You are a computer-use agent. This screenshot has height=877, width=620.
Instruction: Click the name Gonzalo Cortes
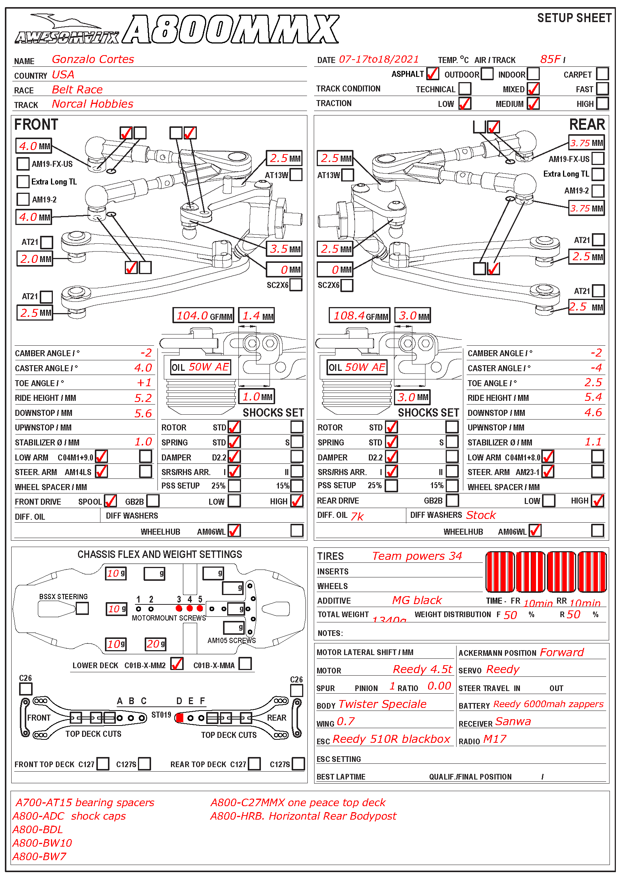pyautogui.click(x=93, y=59)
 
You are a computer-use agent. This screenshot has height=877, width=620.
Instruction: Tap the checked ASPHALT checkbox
pyautogui.click(x=432, y=74)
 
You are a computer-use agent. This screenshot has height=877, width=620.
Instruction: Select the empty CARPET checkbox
pyautogui.click(x=602, y=74)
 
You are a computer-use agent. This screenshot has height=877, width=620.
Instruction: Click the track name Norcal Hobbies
pyautogui.click(x=92, y=104)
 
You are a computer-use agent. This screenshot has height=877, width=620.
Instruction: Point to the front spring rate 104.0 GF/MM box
pyautogui.click(x=203, y=315)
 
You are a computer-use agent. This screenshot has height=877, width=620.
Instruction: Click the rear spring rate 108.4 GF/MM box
pyautogui.click(x=359, y=315)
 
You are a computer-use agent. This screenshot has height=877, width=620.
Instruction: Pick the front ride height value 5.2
pyautogui.click(x=143, y=398)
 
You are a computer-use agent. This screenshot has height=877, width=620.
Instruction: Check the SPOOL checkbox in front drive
pyautogui.click(x=110, y=501)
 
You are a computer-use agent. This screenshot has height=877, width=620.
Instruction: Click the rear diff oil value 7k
pyautogui.click(x=357, y=516)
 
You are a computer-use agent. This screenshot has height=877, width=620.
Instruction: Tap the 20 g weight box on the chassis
pyautogui.click(x=156, y=644)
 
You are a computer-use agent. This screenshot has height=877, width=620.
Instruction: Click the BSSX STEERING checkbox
pyautogui.click(x=82, y=608)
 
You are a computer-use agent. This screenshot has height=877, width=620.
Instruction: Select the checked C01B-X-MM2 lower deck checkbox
pyautogui.click(x=177, y=664)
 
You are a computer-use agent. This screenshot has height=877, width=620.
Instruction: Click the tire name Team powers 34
pyautogui.click(x=417, y=556)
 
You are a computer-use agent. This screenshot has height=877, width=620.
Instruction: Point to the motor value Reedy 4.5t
pyautogui.click(x=422, y=669)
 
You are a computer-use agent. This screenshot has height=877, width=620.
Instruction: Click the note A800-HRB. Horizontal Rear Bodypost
pyautogui.click(x=303, y=816)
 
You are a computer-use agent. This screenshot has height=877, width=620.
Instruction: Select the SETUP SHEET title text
pyautogui.click(x=574, y=18)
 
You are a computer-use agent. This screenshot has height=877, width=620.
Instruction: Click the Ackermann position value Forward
pyautogui.click(x=562, y=652)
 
